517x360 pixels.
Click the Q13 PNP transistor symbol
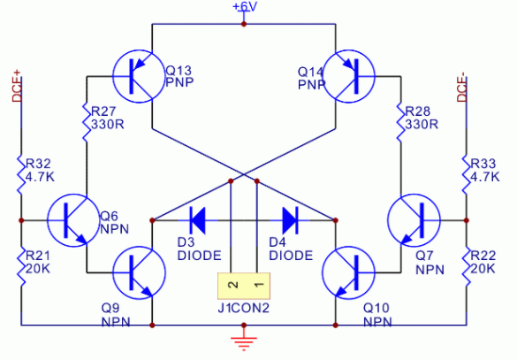(x=139, y=76)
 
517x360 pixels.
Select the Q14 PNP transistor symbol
(x=349, y=76)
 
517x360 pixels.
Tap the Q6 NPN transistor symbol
(x=73, y=220)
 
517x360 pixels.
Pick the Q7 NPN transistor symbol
(x=414, y=220)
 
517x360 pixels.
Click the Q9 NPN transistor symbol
(x=139, y=273)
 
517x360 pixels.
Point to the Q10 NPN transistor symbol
(x=349, y=273)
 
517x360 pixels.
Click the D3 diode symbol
(x=198, y=220)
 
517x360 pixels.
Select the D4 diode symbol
(x=290, y=220)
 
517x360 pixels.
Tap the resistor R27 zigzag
(x=87, y=122)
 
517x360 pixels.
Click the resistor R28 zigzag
(x=400, y=122)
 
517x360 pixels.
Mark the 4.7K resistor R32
(x=21, y=174)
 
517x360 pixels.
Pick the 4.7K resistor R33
(x=467, y=174)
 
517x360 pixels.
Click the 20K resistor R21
(x=21, y=266)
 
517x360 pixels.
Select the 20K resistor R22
(x=467, y=266)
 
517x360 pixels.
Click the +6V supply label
(x=244, y=6)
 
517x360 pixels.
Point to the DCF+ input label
(x=17, y=86)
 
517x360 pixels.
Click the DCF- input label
(x=461, y=88)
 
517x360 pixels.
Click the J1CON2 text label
(x=244, y=308)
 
